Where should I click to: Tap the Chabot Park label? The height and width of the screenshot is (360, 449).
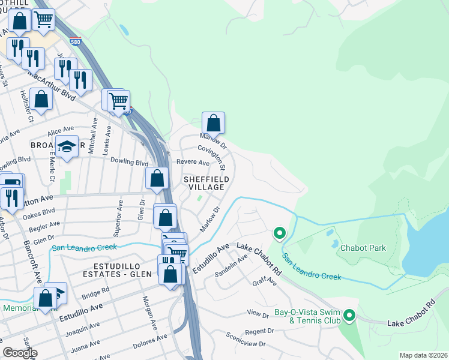[363, 248]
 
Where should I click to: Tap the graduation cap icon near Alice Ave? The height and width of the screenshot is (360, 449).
[67, 146]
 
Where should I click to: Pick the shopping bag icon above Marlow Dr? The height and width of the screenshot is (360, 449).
[213, 123]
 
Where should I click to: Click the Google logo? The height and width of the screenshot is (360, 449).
[20, 353]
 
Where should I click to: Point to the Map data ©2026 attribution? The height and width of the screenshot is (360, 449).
[423, 355]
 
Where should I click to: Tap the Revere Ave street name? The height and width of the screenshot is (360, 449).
[192, 163]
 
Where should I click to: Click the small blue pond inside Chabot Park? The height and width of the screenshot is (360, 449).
[334, 244]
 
